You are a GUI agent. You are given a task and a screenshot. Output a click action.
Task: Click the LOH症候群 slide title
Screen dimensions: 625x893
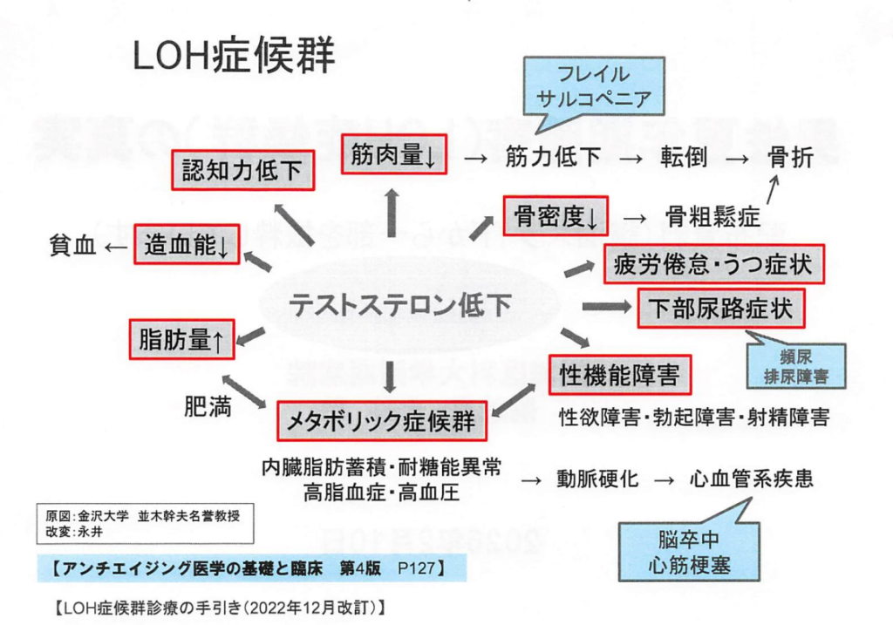(234, 58)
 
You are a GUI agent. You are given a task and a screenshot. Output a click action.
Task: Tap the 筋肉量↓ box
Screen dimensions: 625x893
(393, 157)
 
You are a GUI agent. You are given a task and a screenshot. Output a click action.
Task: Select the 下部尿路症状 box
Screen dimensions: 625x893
(720, 309)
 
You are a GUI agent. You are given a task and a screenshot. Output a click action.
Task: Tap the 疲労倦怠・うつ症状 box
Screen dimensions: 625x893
(714, 263)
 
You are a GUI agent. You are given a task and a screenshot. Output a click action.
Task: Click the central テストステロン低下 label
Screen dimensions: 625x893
(400, 304)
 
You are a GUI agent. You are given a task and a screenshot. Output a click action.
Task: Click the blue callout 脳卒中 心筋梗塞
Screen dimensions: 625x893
(677, 551)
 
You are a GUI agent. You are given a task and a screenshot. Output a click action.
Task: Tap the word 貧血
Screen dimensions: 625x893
(72, 247)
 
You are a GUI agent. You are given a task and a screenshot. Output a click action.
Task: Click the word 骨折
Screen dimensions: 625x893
(790, 158)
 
